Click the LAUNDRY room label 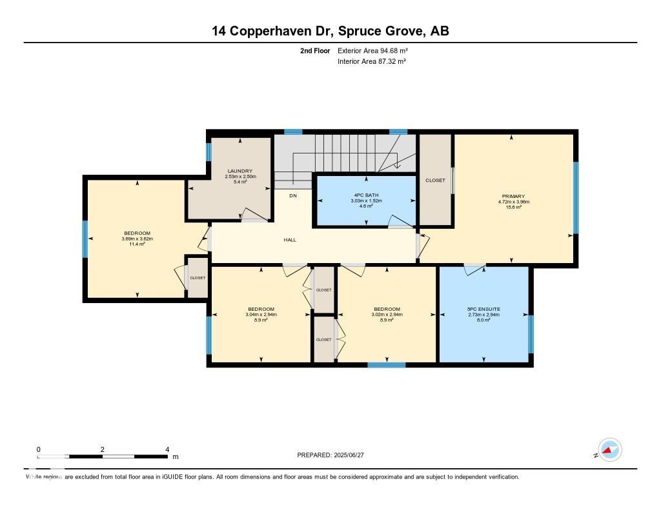click(x=240, y=171)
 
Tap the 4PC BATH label click(x=366, y=195)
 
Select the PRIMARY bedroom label click(x=513, y=196)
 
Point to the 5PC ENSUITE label click(x=483, y=309)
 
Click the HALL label click(x=290, y=240)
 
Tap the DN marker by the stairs click(x=293, y=195)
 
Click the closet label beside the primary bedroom click(x=435, y=181)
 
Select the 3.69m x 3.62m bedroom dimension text click(x=137, y=239)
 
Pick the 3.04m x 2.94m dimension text click(x=261, y=315)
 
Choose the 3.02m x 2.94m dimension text click(x=387, y=315)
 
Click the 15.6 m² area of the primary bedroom click(x=513, y=207)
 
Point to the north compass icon click(x=609, y=450)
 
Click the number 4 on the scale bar click(x=167, y=449)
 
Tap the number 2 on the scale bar click(x=103, y=449)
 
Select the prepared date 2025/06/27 click(x=349, y=455)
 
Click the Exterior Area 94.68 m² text click(x=372, y=50)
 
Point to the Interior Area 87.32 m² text click(x=372, y=61)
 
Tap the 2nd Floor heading click(x=315, y=50)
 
